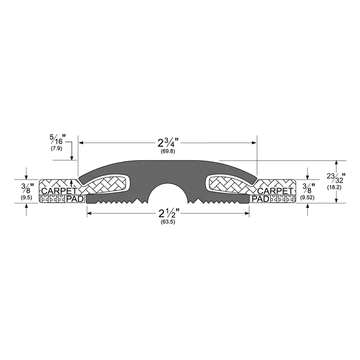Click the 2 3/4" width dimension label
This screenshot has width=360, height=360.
click(x=168, y=143)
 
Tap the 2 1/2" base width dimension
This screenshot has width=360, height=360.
click(x=169, y=213)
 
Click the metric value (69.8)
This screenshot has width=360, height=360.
click(x=168, y=152)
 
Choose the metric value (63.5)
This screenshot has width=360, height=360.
click(x=168, y=222)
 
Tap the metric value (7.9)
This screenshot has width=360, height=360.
click(x=57, y=148)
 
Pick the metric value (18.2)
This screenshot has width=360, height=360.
click(x=334, y=187)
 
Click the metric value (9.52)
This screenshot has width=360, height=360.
click(x=307, y=197)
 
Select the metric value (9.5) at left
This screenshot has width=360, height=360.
click(x=27, y=197)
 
